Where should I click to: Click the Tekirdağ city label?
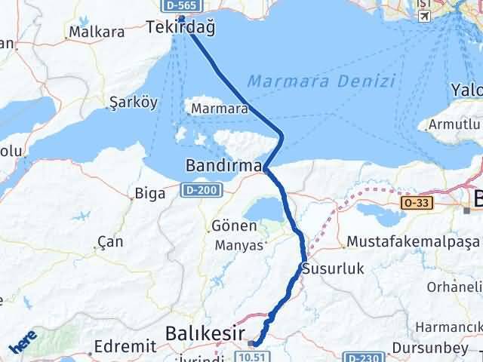point(180,29)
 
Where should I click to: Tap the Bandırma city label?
point(223,164)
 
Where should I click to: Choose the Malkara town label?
point(96,32)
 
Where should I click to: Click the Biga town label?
point(144,193)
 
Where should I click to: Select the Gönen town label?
point(229,227)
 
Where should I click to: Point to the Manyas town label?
point(238,245)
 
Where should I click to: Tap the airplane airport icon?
point(424,15)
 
